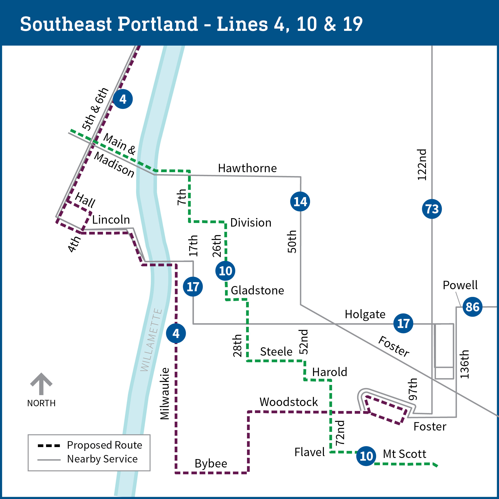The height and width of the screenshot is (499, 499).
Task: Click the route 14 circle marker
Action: point(300,201)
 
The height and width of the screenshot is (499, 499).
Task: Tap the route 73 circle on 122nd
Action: point(432,209)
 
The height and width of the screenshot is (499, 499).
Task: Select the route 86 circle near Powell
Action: point(472,307)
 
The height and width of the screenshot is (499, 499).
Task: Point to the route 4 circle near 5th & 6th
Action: point(123,99)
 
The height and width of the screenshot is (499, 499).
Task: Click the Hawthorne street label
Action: point(247,168)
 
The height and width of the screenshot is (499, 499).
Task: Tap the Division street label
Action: point(251,223)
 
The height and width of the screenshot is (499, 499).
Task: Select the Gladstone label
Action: point(257,290)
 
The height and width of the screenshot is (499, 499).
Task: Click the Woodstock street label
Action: point(289,402)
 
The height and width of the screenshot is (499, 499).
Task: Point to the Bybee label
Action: point(211,463)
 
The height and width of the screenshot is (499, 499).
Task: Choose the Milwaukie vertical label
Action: point(164,393)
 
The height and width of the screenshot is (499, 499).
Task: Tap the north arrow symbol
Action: point(41,384)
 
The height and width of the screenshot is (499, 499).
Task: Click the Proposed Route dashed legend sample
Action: point(49,445)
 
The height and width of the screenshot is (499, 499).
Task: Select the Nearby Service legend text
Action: point(102,459)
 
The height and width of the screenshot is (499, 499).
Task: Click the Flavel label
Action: point(309,452)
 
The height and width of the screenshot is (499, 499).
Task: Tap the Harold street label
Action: point(329,372)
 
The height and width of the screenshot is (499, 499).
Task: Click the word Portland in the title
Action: point(158,24)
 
